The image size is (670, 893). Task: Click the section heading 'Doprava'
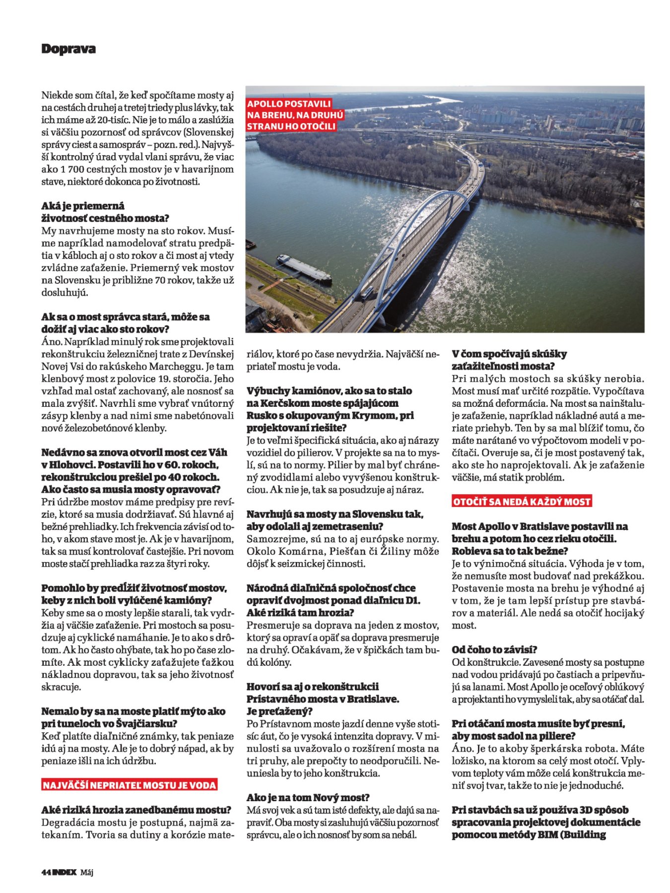pyautogui.click(x=68, y=49)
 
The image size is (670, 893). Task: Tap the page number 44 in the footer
pyautogui.click(x=46, y=872)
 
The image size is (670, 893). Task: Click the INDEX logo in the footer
pyautogui.click(x=65, y=872)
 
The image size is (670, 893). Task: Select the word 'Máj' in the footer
pyautogui.click(x=87, y=872)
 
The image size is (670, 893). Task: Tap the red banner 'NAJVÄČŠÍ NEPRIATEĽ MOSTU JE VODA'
pyautogui.click(x=130, y=785)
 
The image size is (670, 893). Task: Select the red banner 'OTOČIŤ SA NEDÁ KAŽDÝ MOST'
pyautogui.click(x=522, y=502)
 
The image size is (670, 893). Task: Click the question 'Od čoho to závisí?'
pyautogui.click(x=494, y=649)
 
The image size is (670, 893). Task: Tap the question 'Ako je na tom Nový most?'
pyautogui.click(x=308, y=798)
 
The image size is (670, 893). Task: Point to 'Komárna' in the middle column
pyautogui.click(x=290, y=551)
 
